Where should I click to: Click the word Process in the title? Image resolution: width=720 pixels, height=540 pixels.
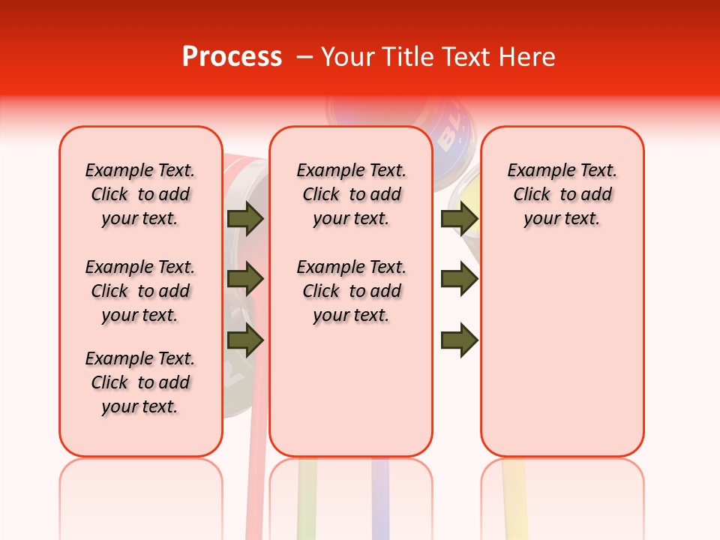[232, 57]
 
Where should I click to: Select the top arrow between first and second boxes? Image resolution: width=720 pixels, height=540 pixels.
[245, 218]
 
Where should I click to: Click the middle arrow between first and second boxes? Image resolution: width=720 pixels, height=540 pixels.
[245, 280]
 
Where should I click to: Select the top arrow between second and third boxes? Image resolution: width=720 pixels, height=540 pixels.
[459, 218]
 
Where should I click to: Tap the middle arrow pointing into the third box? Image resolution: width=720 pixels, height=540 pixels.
[459, 280]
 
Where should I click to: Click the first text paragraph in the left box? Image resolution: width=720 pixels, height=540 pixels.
[140, 194]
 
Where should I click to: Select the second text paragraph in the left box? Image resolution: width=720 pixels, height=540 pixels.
[140, 291]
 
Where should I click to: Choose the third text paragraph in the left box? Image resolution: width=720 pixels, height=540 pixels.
[140, 382]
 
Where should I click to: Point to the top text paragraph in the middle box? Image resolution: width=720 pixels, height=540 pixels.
[351, 194]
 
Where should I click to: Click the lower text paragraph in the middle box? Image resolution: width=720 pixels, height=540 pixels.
[351, 291]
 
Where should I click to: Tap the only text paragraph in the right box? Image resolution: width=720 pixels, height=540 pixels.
[562, 194]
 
